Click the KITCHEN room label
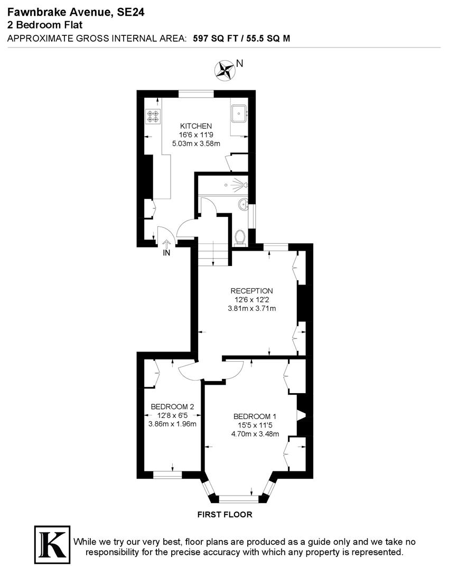[196, 126]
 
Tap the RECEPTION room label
[251, 291]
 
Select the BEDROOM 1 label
[255, 416]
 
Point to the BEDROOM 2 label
[173, 407]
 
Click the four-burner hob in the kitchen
[153, 116]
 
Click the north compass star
[224, 69]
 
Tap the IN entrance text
[167, 253]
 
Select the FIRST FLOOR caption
[224, 514]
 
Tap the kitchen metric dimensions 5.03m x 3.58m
[196, 143]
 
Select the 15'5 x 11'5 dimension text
[255, 425]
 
